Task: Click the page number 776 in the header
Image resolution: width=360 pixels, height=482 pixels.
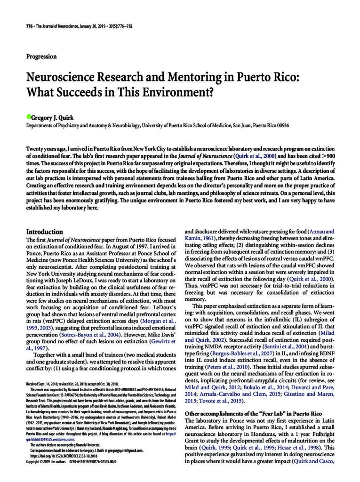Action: [29, 26]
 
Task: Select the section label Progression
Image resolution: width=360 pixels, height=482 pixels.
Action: [41, 56]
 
